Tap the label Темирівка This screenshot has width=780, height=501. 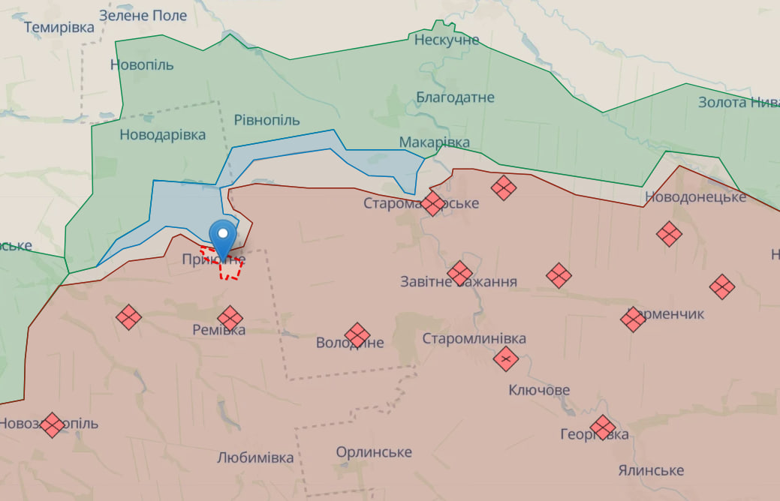coord(59,28)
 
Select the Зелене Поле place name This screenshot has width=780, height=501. coord(143,16)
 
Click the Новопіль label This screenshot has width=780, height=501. coord(142,64)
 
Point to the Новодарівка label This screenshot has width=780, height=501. coord(162,135)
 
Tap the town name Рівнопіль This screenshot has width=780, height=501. coord(267,120)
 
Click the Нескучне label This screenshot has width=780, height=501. coord(447,40)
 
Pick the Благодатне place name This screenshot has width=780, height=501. coord(456,97)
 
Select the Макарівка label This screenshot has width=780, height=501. coord(435,142)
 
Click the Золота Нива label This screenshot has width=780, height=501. coord(739,102)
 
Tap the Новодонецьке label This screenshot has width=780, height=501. coord(695,197)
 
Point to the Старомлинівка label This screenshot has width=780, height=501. coord(474,339)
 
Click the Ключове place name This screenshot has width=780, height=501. coord(539,390)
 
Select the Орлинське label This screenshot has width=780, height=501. coord(374,452)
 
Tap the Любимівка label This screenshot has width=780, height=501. coord(255,457)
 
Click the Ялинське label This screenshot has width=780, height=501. coord(651,470)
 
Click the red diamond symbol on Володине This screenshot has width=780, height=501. coord(357,335)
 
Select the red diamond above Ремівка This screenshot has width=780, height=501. coord(230,318)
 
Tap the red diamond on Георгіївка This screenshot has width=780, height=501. coord(602,428)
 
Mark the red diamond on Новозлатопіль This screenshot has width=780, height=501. coord(53,425)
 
